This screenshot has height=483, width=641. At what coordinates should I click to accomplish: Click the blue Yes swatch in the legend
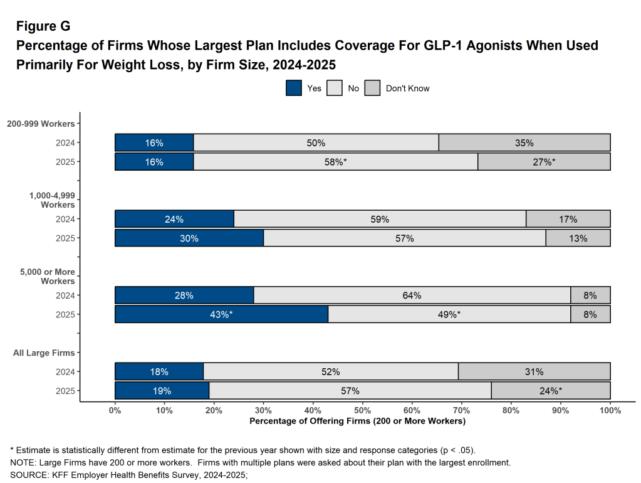tap(294, 88)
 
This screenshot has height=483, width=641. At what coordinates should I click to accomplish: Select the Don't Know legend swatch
tap(373, 88)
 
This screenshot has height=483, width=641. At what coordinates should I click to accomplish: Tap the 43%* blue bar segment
tap(221, 314)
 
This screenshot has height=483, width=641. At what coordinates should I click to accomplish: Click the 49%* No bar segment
tap(449, 314)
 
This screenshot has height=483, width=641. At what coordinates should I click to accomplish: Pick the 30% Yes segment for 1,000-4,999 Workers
tap(189, 238)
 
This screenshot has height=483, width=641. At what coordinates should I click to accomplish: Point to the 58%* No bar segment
tap(336, 162)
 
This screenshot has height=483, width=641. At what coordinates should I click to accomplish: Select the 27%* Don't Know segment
tap(544, 162)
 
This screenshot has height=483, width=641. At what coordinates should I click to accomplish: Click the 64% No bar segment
tap(412, 295)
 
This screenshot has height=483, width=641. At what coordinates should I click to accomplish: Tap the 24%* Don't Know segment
tap(551, 391)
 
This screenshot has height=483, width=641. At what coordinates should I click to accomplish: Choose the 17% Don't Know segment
tap(568, 219)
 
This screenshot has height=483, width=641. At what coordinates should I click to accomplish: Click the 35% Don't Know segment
tap(524, 143)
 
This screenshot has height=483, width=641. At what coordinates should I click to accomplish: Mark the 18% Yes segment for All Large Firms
tap(159, 372)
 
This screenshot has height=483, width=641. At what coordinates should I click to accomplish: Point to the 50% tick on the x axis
tap(363, 410)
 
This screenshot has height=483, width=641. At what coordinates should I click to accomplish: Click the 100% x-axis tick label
tap(610, 410)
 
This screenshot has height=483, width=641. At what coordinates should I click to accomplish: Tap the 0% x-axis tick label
tap(115, 410)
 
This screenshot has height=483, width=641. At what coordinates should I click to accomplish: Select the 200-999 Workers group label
tap(41, 124)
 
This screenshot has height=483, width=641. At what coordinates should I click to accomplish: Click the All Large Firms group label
tap(44, 353)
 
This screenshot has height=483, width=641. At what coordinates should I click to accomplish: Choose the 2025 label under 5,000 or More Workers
tap(65, 315)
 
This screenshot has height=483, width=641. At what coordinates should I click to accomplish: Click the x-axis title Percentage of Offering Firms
tap(357, 421)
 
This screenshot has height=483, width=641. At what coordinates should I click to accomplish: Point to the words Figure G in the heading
tap(43, 26)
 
